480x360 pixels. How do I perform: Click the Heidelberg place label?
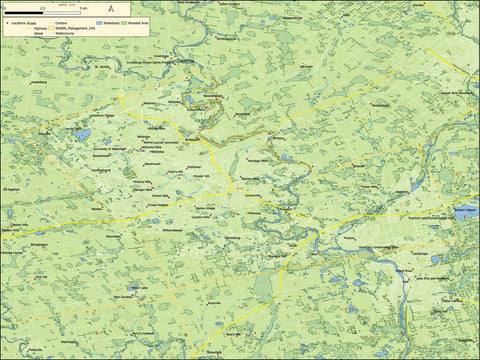[x=40, y=81]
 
